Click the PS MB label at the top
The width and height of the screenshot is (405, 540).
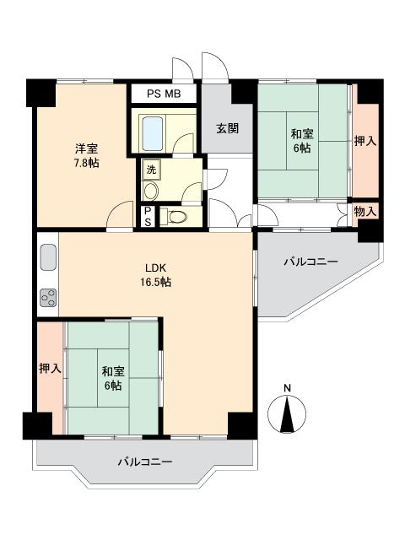(x=164, y=94)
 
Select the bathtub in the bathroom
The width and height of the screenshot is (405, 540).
(x=154, y=132)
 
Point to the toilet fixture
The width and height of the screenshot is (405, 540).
(x=175, y=217)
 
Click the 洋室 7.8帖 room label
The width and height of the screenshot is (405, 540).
(x=84, y=155)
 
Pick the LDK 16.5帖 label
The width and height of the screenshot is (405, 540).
(x=156, y=276)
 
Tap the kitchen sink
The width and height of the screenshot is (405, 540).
(x=47, y=256)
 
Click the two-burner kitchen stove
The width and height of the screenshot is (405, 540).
(x=47, y=297)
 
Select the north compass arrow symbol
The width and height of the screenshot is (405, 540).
(x=288, y=413)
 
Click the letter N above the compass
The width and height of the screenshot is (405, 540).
(x=288, y=388)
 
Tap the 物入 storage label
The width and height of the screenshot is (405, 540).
(x=365, y=211)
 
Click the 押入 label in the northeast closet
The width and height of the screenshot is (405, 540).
(x=365, y=141)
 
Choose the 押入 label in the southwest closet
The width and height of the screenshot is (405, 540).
(x=50, y=369)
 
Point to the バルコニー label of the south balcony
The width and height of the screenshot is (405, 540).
(x=144, y=462)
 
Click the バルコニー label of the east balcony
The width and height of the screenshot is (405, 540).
(x=310, y=263)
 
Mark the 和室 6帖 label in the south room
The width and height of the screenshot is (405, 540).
(x=112, y=378)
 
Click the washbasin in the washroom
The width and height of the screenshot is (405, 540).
(x=151, y=191)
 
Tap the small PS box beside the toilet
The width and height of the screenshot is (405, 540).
(x=148, y=216)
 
